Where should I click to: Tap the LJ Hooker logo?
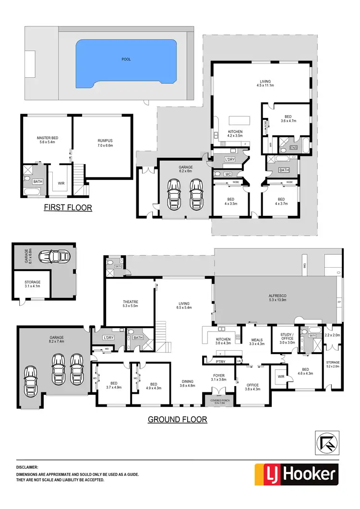(296, 474)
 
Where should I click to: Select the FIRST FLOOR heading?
(68, 208)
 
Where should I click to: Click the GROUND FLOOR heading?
(177, 419)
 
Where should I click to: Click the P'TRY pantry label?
(221, 361)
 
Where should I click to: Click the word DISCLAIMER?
(28, 466)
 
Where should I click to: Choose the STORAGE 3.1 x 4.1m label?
(33, 284)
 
